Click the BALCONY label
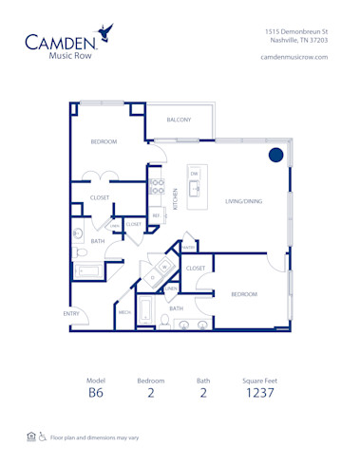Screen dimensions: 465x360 click(179, 120)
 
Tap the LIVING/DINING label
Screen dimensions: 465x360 click(244, 201)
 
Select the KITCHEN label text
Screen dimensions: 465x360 click(175, 199)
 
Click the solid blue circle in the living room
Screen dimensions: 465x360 click(275, 155)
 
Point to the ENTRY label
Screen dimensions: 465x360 click(71, 313)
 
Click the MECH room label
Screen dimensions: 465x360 click(124, 312)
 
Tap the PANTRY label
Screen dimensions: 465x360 click(189, 248)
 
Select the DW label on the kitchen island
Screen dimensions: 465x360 click(194, 174)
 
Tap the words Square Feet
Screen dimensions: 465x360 click(259, 380)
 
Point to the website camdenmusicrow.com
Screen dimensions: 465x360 click(294, 57)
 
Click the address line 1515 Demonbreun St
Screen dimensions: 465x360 click(296, 31)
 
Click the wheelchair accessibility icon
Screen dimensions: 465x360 click(43, 437)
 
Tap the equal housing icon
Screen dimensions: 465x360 click(31, 437)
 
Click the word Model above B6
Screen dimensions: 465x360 click(95, 380)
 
